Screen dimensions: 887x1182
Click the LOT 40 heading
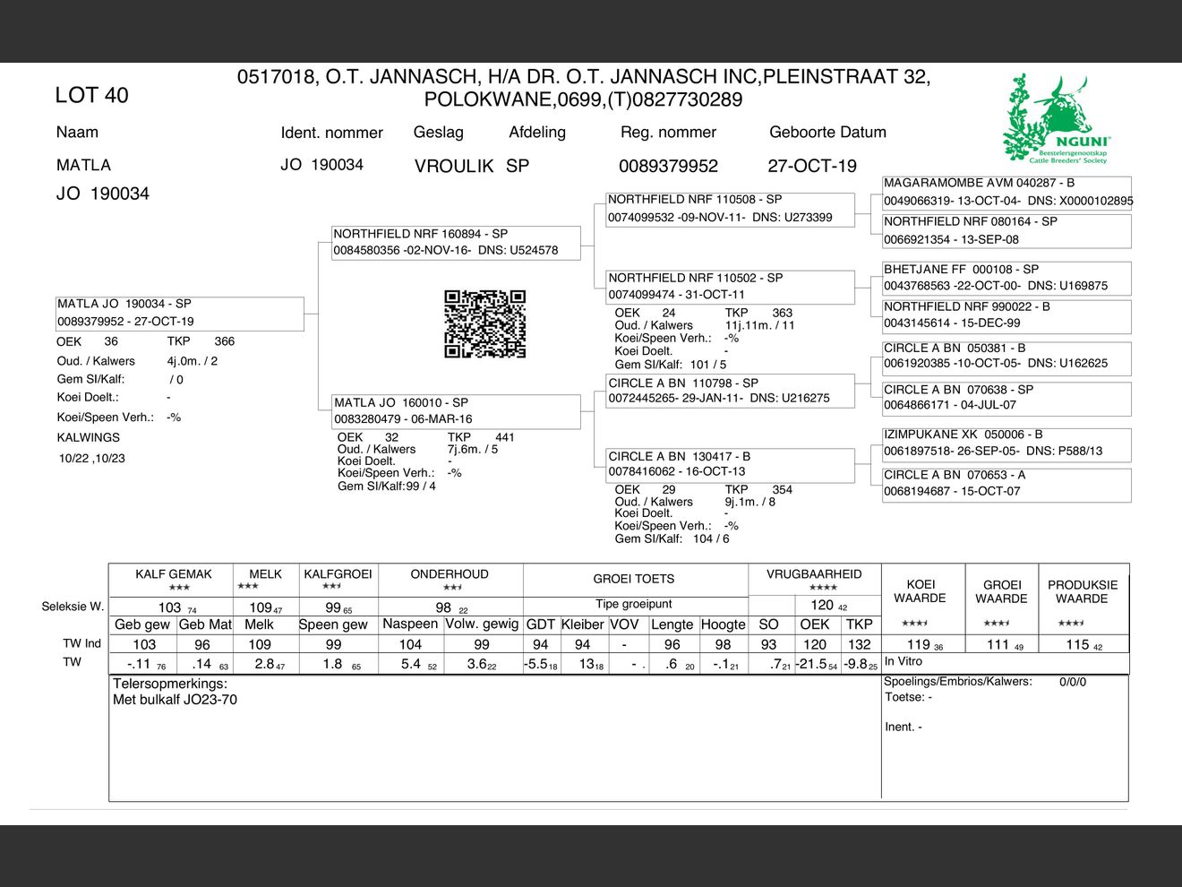91,96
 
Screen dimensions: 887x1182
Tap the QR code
485,323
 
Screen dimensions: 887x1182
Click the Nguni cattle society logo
1057,120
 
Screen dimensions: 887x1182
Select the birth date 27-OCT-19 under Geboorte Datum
811,167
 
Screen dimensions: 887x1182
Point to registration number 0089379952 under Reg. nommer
668,167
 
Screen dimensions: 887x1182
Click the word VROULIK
454,167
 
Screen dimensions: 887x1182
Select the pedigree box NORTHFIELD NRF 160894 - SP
455,242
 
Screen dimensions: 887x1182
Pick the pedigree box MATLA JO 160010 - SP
455,410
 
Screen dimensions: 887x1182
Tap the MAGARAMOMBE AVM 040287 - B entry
1006,192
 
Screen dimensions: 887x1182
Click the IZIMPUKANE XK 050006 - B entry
1006,443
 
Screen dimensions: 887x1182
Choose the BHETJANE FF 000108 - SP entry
1006,278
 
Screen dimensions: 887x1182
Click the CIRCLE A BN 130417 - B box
731,464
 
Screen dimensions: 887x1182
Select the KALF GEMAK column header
174,574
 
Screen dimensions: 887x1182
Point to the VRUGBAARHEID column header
814,574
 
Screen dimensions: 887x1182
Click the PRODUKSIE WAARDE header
1082,591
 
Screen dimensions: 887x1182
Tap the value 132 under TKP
859,644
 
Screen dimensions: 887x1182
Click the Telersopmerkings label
170,684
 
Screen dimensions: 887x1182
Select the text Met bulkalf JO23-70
175,700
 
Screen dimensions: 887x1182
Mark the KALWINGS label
88,438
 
